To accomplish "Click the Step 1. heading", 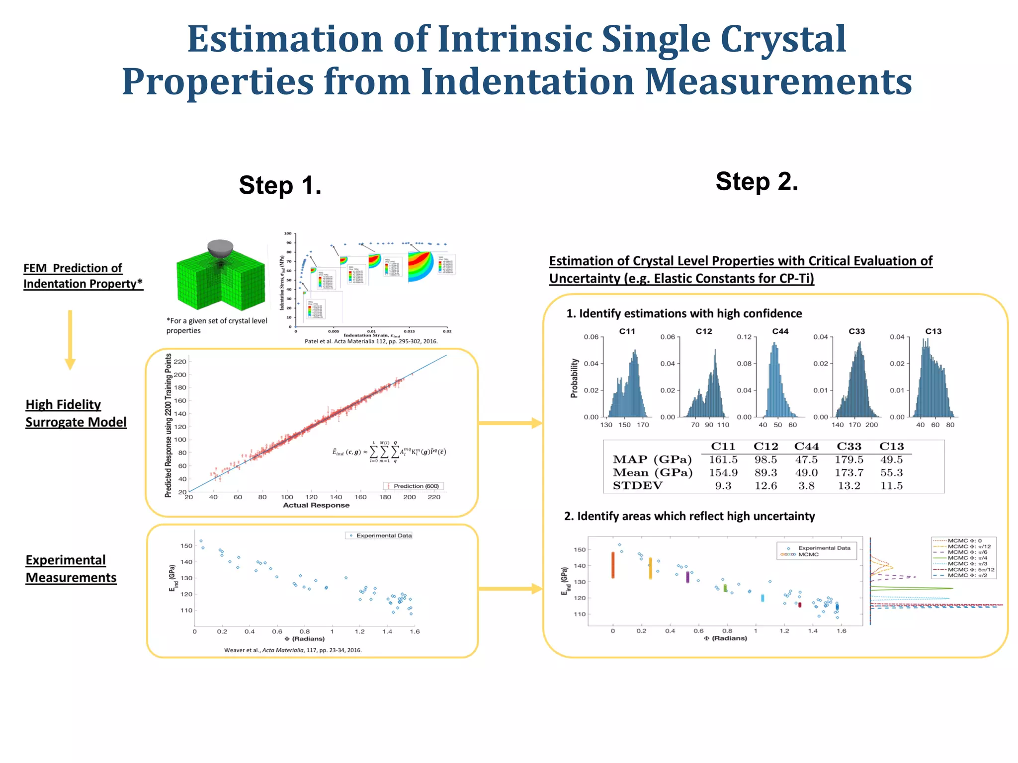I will [x=280, y=185].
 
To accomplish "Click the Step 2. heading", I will [x=757, y=181].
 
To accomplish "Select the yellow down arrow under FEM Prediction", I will [x=70, y=340].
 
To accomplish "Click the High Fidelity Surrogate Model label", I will [x=76, y=413].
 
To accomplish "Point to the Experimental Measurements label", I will [x=71, y=569].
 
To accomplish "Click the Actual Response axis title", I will [x=316, y=505].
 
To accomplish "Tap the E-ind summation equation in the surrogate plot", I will [x=389, y=452].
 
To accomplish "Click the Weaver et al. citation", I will [x=293, y=650].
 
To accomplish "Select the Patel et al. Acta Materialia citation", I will [x=371, y=341].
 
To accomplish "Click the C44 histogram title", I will [x=780, y=331].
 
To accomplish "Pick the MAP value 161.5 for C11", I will [x=723, y=459].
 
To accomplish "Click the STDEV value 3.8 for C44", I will [x=806, y=486].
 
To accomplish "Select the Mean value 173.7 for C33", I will [x=848, y=472].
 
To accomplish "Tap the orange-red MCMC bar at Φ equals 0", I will [x=613, y=565].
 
